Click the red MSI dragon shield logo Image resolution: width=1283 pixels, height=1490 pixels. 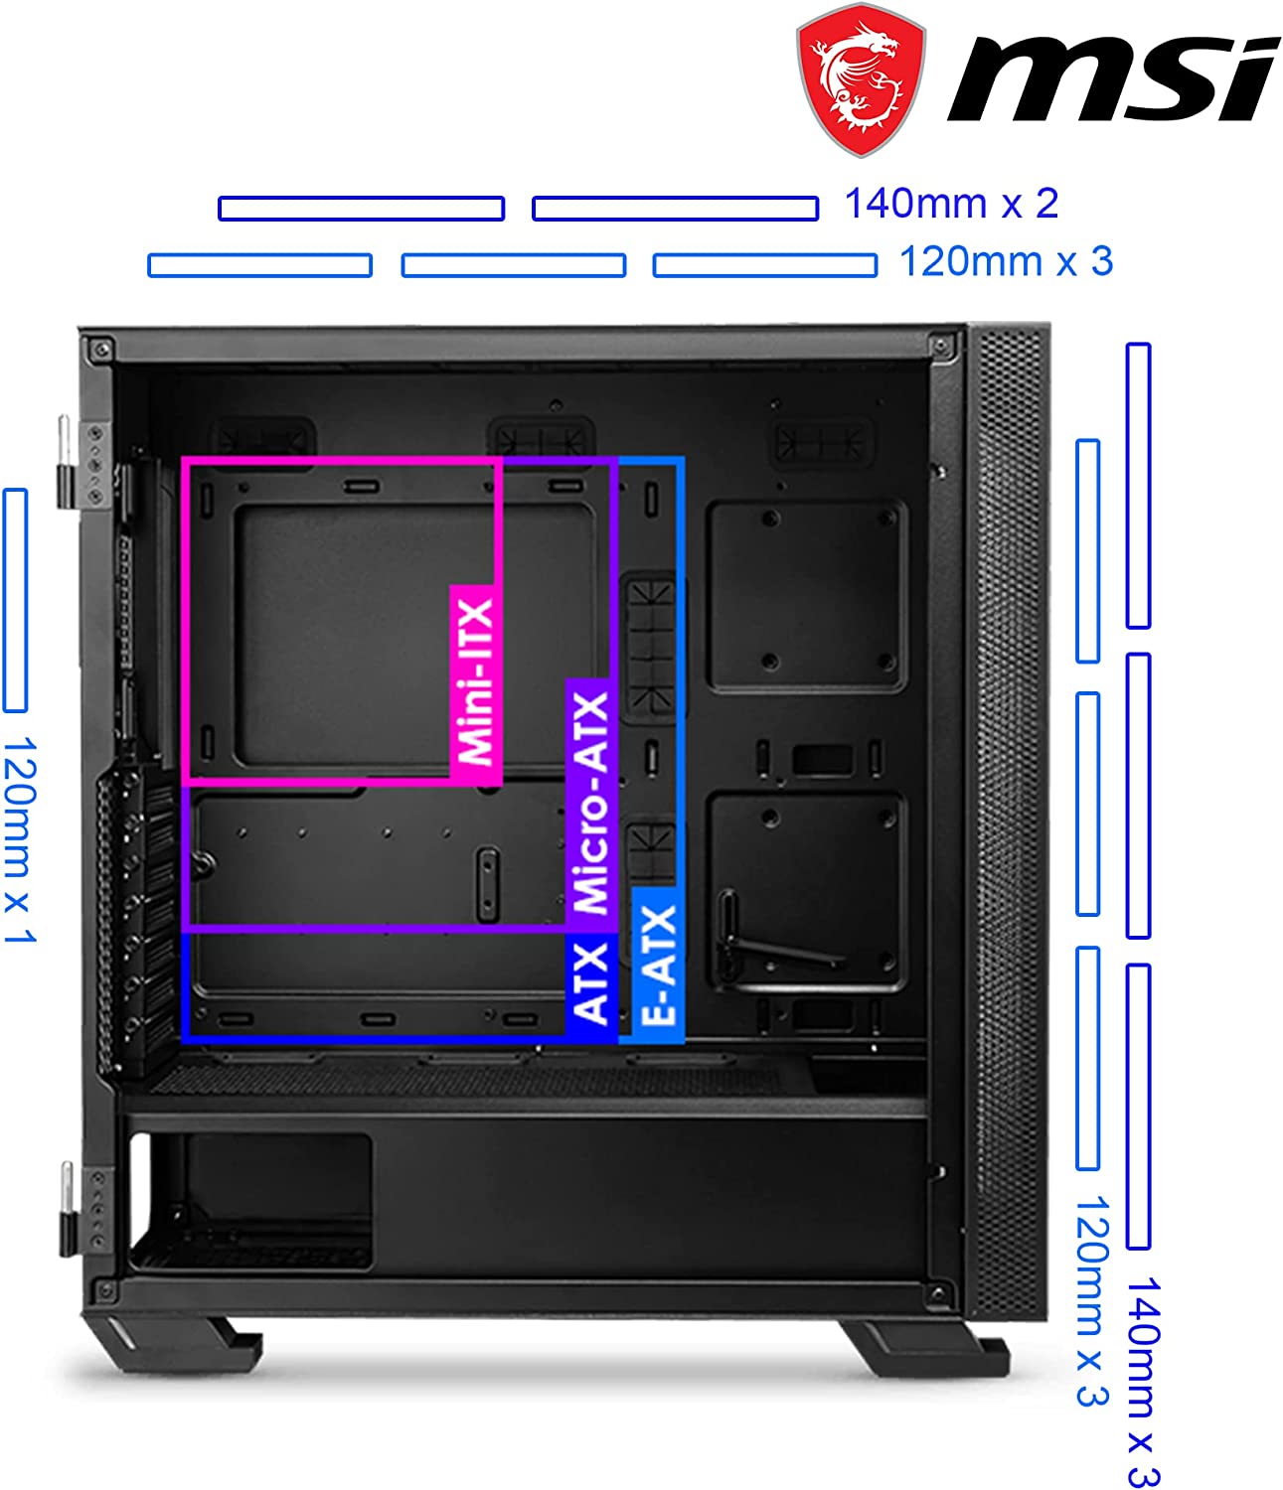(x=861, y=79)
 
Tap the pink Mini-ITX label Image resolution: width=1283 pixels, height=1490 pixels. (x=475, y=683)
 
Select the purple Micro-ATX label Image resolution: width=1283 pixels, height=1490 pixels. (x=591, y=805)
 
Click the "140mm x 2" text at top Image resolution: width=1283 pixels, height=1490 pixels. (x=951, y=204)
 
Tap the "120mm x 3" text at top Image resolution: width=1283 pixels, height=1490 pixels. (x=1006, y=261)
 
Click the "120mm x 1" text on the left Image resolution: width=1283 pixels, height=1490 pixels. (x=20, y=839)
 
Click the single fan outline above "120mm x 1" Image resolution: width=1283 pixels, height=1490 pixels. (x=15, y=600)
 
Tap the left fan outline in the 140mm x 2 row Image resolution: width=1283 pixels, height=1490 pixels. (x=362, y=209)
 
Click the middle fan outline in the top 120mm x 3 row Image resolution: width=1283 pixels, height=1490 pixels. (x=514, y=265)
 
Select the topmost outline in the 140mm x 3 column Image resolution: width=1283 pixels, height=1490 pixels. (x=1138, y=486)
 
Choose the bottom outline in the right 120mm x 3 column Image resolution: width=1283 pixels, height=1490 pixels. (x=1087, y=1058)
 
